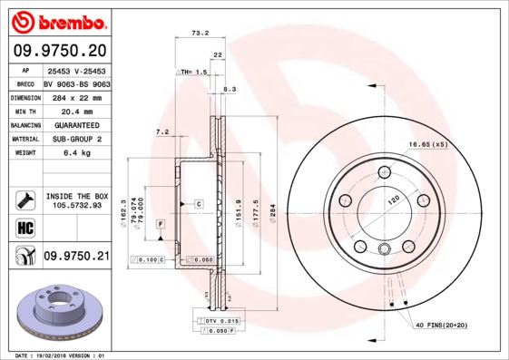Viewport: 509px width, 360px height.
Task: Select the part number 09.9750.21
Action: tap(76, 257)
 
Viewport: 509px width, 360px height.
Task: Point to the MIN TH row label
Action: tap(24, 110)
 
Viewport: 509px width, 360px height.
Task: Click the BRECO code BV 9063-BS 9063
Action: tap(76, 83)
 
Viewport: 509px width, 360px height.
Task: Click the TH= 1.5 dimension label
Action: tap(192, 71)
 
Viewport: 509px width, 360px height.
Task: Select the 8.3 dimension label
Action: tap(229, 89)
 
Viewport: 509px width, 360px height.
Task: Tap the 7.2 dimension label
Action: tap(162, 132)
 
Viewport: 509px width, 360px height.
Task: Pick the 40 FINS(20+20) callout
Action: tap(443, 325)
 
